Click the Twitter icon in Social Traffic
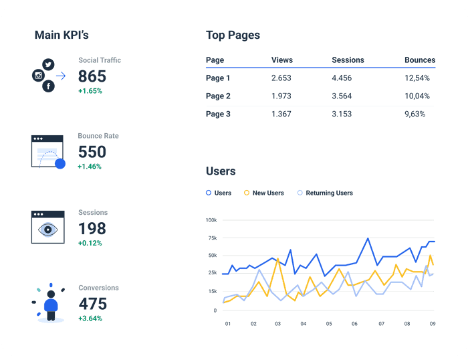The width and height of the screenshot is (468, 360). tap(47, 64)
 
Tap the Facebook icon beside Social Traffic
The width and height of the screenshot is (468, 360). tap(47, 86)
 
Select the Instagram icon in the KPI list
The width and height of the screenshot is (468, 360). tap(37, 76)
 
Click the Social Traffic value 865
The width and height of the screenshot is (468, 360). tap(92, 76)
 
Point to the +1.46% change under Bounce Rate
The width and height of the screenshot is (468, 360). tap(90, 166)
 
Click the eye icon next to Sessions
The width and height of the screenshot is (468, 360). tap(47, 228)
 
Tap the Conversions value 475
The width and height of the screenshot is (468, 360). tap(93, 304)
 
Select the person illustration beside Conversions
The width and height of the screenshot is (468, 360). tap(50, 305)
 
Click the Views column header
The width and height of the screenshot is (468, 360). tap(282, 60)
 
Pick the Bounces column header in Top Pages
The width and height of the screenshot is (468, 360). tap(419, 60)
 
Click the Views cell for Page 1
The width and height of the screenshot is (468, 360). tap(281, 78)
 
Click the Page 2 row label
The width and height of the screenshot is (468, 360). tap(218, 96)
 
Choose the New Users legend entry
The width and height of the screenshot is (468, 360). tap(267, 193)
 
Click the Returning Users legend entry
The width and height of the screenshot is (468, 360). tap(329, 193)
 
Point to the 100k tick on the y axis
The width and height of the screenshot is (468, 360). tap(211, 220)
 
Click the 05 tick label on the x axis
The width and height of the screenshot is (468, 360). tap(329, 324)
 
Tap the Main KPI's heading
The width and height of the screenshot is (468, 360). tap(62, 35)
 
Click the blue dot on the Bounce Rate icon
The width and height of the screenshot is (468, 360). tap(60, 163)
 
